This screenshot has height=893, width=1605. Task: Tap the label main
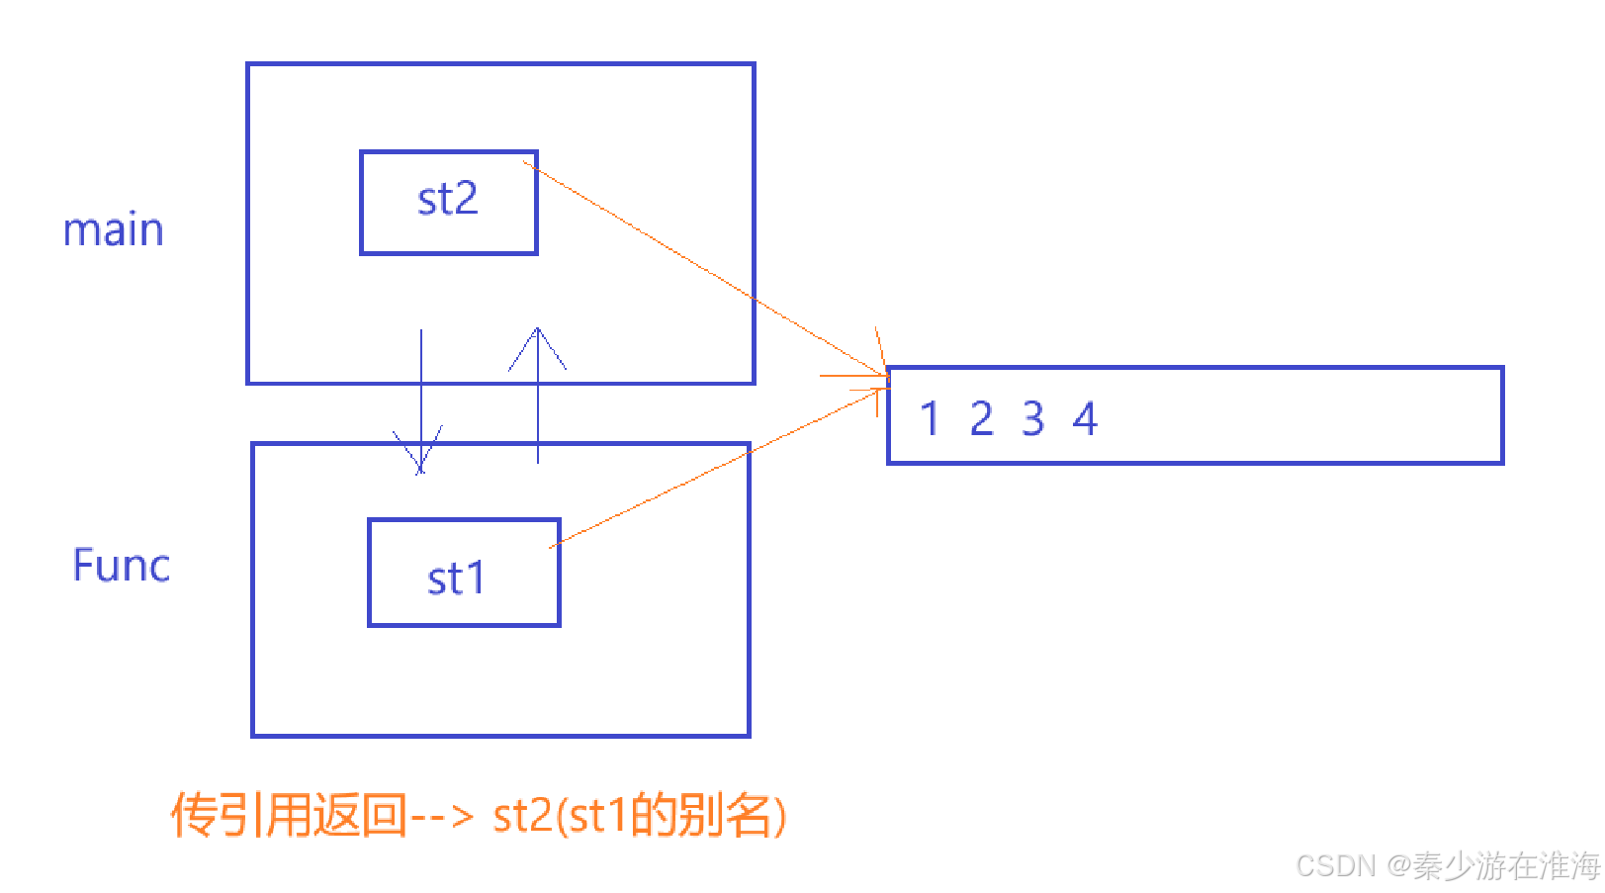pos(113,230)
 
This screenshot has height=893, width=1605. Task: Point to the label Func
pos(121,566)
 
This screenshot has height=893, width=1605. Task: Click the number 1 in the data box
pos(929,418)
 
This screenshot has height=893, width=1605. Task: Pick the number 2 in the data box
pos(981,418)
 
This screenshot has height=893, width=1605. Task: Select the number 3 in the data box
pos(1033,418)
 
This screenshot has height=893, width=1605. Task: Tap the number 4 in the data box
pos(1085,418)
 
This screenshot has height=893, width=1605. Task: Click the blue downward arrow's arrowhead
pos(420,455)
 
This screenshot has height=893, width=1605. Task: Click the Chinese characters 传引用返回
pos(288,816)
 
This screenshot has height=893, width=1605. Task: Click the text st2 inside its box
pos(447,200)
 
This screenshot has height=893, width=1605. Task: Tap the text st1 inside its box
pos(456,579)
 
